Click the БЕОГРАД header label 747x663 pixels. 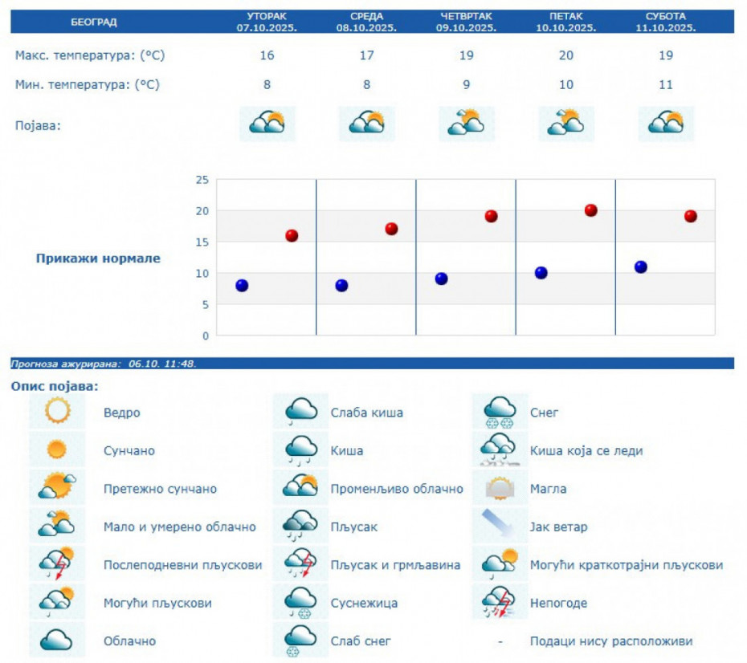[x=94, y=22]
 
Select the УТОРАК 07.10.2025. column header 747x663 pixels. [x=267, y=22]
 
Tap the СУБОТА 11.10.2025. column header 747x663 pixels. [x=665, y=22]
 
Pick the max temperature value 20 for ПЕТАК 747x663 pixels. [x=565, y=55]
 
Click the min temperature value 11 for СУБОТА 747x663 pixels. [x=665, y=84]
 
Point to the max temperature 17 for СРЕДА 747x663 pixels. [x=366, y=55]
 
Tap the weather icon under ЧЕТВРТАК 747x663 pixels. [x=466, y=123]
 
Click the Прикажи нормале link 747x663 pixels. [x=98, y=258]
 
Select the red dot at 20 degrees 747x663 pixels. [x=591, y=210]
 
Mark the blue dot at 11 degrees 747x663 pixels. [x=641, y=267]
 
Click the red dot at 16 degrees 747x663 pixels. [x=292, y=235]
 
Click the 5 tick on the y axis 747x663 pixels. [x=205, y=304]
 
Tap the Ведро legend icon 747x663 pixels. [x=58, y=412]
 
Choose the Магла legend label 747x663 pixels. [x=548, y=489]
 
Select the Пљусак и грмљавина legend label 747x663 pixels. [x=395, y=565]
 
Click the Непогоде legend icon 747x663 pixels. [x=500, y=602]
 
